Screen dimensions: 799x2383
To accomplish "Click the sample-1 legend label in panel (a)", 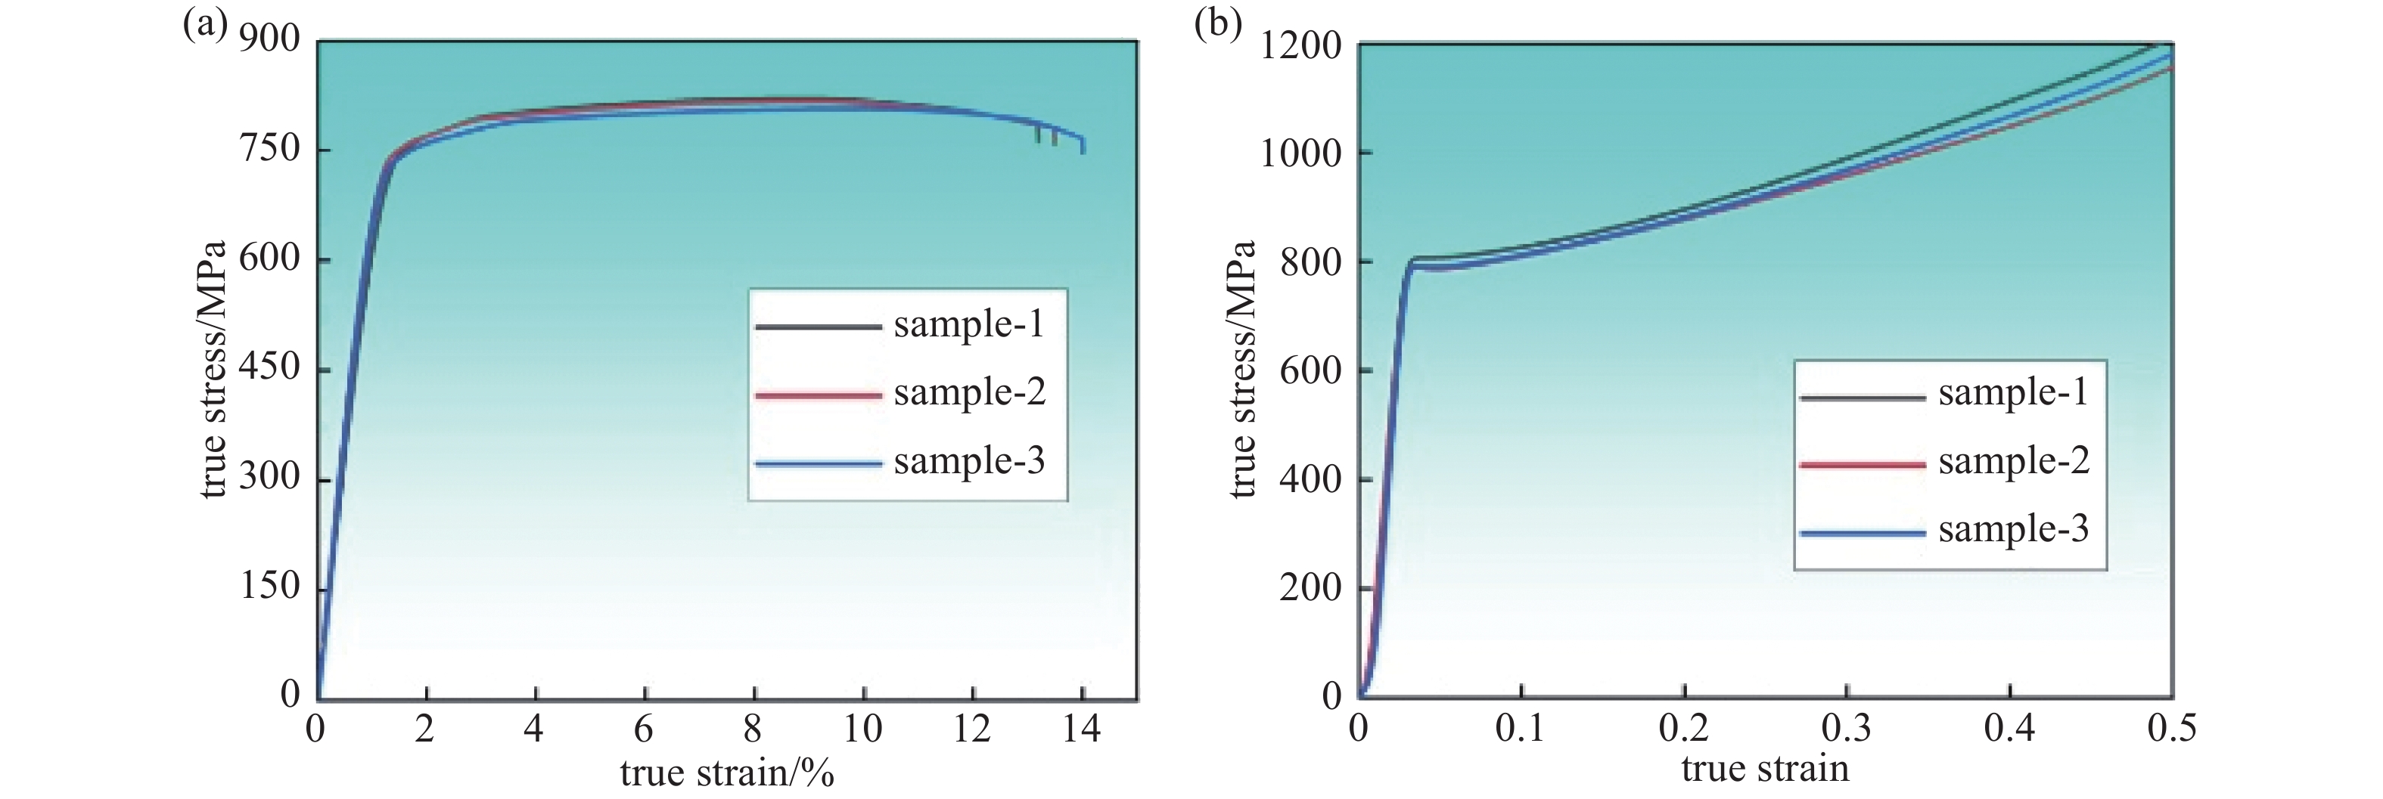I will coord(968,324).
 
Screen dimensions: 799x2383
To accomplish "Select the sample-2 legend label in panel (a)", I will coord(968,393).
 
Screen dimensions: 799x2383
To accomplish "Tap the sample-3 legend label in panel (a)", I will coord(968,461).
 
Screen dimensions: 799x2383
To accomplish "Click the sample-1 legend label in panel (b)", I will coord(2014,393).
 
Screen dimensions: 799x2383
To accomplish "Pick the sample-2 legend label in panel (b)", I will coord(2014,461).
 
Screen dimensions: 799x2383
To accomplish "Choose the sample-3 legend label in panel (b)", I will coord(2014,530).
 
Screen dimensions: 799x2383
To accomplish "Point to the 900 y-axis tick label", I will coord(269,40).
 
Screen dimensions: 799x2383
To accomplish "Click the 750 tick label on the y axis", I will coord(269,149).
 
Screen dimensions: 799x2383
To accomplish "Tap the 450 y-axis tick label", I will coord(269,368).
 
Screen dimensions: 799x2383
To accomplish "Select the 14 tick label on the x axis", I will coord(1080,730).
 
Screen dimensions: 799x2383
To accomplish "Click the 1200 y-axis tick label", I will coord(1300,45).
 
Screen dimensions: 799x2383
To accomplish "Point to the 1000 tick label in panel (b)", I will coord(1300,153).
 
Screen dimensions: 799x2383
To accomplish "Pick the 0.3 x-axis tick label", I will coord(1847,729).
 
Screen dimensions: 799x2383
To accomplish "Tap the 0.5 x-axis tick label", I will coord(2171,729).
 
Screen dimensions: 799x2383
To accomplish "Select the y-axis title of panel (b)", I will coord(1242,370).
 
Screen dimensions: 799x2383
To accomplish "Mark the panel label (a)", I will coord(204,24).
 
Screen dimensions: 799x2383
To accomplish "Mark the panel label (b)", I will coord(1217,24).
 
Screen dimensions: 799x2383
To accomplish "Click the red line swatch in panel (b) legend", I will coord(1863,464).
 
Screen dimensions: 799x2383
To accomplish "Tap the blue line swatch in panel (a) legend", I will coord(818,464).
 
